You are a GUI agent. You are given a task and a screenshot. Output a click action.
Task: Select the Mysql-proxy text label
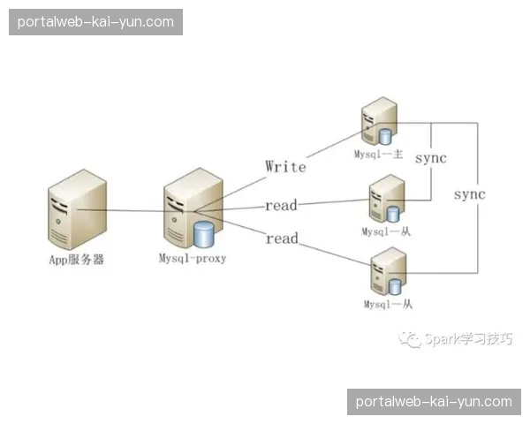[x=193, y=259]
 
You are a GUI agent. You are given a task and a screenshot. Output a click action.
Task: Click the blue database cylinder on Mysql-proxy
[x=204, y=235]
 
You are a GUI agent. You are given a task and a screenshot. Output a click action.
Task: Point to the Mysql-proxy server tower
[x=184, y=213]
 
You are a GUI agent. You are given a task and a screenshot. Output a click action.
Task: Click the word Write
[x=285, y=165]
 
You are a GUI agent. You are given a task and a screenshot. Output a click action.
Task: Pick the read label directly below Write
[x=282, y=206]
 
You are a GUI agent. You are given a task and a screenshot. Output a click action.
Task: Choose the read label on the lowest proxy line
[x=282, y=238]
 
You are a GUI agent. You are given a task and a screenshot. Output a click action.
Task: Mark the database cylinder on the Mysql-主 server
[x=386, y=136]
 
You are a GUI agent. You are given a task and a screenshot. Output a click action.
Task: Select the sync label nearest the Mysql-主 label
[x=430, y=159]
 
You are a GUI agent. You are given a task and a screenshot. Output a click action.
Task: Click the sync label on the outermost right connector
[x=469, y=193]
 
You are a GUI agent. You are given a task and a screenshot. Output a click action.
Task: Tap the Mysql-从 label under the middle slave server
[x=387, y=231]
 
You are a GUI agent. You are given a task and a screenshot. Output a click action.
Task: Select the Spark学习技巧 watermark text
[x=468, y=339]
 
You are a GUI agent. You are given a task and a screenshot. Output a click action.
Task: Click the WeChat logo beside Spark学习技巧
[x=411, y=339]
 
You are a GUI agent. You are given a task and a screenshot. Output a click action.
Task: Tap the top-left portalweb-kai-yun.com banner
[x=95, y=21]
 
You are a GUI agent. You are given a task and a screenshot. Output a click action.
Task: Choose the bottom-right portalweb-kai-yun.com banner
[x=434, y=401]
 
